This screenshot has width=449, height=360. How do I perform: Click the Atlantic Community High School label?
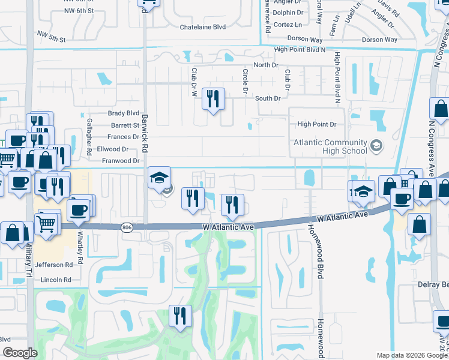coord(330,147)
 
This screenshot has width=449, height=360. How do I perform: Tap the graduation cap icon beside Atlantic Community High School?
coord(376,145)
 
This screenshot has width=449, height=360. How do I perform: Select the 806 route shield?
coord(127,227)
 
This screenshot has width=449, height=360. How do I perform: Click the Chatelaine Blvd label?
coord(203,27)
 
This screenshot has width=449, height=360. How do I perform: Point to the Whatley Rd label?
coord(79,244)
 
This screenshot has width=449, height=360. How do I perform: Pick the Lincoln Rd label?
coord(56,280)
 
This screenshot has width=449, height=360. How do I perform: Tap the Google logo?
coord(20,353)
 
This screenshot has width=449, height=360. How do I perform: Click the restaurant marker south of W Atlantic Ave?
coord(179,316)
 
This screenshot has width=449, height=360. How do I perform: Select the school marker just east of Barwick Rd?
coord(160,178)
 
